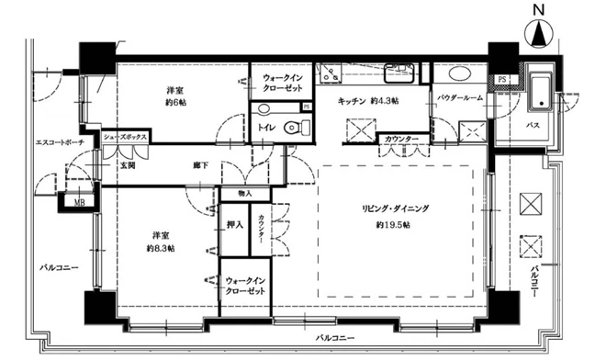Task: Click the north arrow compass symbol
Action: click(x=538, y=32)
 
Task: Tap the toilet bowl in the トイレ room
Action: click(x=297, y=128)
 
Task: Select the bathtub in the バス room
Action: click(x=541, y=95)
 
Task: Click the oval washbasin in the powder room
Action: click(x=462, y=73)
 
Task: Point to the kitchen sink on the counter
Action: click(x=399, y=73)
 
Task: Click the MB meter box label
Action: click(x=79, y=203)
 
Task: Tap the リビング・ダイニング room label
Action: click(x=395, y=208)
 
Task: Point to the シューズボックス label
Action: click(x=126, y=138)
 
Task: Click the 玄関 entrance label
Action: click(x=128, y=165)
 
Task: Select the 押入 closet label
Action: click(x=235, y=225)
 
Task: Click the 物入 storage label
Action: click(x=245, y=194)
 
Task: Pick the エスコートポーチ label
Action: click(x=60, y=142)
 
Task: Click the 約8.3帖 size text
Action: click(x=161, y=249)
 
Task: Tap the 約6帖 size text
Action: click(x=176, y=103)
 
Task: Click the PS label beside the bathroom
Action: click(x=502, y=80)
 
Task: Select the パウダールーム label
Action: click(x=460, y=97)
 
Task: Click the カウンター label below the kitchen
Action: click(x=401, y=140)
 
